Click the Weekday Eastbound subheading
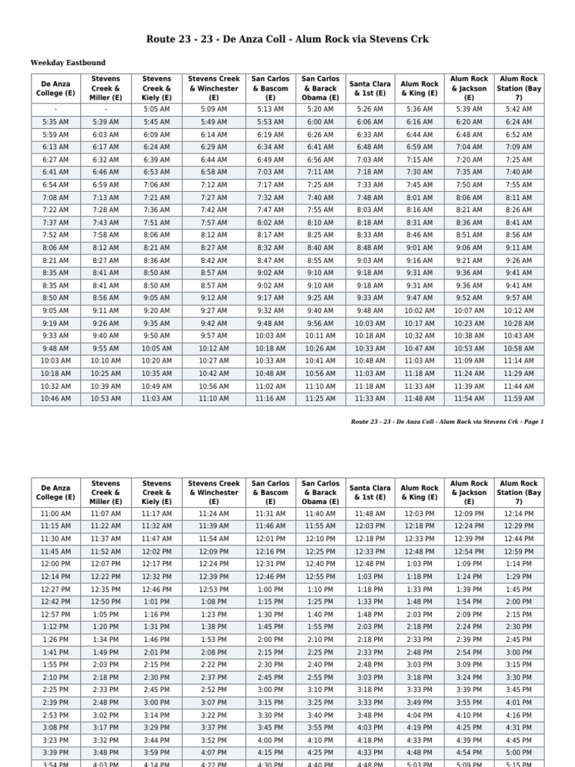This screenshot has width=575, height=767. [x=68, y=63]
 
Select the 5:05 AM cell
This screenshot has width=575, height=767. [x=156, y=109]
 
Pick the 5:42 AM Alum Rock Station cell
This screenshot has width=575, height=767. [x=518, y=109]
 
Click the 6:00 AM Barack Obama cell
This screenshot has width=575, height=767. [x=320, y=121]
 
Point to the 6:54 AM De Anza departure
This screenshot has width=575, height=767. [x=55, y=185]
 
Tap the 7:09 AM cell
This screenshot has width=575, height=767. [x=518, y=147]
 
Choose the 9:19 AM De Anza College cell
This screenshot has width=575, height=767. [x=55, y=324]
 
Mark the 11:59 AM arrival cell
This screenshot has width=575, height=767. [x=518, y=399]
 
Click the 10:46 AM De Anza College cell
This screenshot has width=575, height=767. [x=55, y=399]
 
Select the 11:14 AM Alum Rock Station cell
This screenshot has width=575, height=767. [x=518, y=361]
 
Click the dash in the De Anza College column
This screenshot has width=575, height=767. [x=55, y=109]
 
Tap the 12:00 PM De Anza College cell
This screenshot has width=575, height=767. [x=55, y=564]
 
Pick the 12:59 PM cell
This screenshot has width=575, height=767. [x=518, y=551]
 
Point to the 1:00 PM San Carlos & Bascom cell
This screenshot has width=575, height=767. [x=270, y=589]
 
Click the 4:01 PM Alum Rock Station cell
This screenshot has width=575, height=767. [x=518, y=703]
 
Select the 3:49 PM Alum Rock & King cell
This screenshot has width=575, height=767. [x=419, y=703]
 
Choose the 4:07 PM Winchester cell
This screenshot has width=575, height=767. [x=213, y=753]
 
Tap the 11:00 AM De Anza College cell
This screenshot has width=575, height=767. [x=55, y=514]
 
